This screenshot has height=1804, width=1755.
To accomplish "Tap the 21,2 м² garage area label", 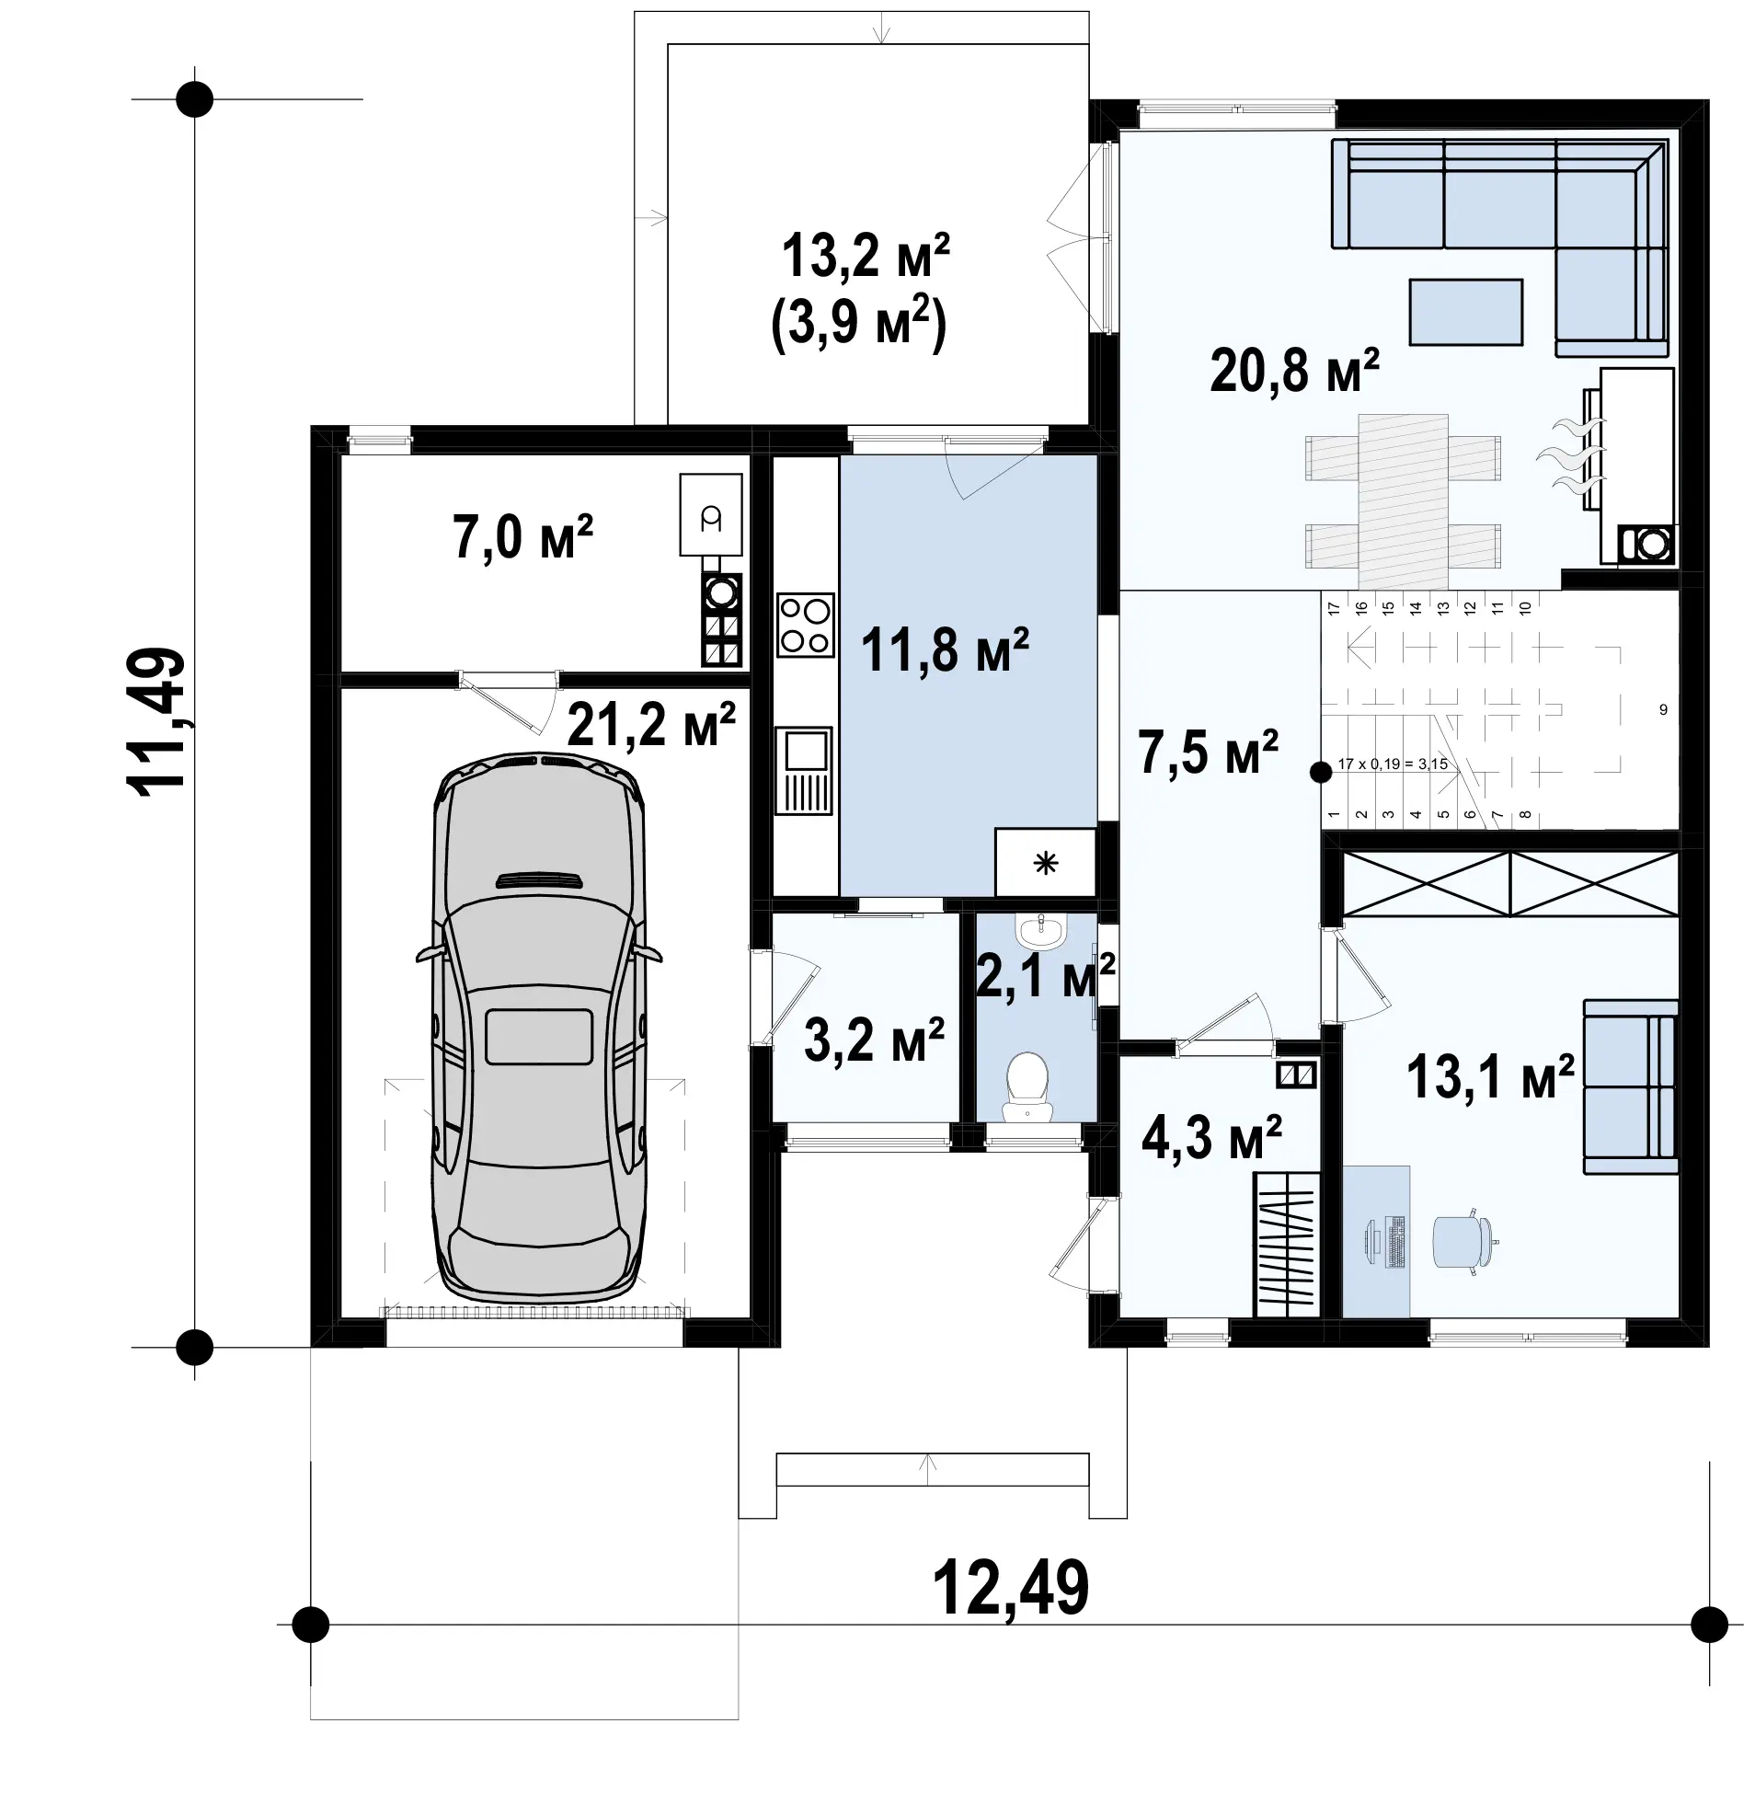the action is pyautogui.click(x=651, y=725).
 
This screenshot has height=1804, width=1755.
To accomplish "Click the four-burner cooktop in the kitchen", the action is pyautogui.click(x=806, y=625).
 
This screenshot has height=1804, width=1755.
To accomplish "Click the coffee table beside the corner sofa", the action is pyautogui.click(x=1465, y=312).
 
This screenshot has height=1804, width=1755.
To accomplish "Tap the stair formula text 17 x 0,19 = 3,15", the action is pyautogui.click(x=1393, y=764).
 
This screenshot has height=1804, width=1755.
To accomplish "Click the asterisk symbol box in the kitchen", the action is pyautogui.click(x=1045, y=863).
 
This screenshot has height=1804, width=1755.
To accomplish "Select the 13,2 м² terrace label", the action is pyautogui.click(x=866, y=257).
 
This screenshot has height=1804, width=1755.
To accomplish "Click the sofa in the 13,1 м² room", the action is pyautogui.click(x=1630, y=1086).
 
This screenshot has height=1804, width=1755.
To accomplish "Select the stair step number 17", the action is pyautogui.click(x=1332, y=607).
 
